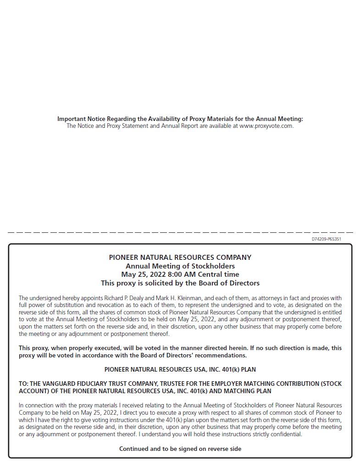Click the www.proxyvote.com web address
click(x=266, y=126)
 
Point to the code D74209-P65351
click(x=327, y=239)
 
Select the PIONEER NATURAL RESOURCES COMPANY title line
click(x=180, y=258)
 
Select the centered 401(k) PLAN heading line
click(x=180, y=369)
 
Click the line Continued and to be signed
click(x=180, y=449)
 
